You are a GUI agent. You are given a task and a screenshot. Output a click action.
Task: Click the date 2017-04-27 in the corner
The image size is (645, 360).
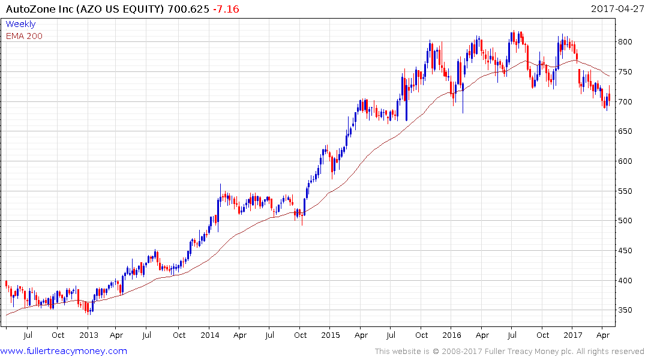616,9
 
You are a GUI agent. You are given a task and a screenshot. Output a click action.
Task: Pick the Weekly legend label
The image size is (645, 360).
20,24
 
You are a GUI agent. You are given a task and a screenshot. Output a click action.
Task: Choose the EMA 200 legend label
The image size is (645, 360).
24,36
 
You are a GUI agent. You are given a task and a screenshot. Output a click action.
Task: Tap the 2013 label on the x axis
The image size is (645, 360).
89,335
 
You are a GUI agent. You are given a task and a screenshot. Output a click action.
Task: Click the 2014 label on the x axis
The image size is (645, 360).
210,335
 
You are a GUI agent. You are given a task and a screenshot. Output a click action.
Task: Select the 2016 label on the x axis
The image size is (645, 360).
452,335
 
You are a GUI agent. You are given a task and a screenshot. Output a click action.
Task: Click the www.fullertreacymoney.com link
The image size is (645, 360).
64,351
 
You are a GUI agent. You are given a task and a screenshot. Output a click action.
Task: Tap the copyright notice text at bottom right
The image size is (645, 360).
509,352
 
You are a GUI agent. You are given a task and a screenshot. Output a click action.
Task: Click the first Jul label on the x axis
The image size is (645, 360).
28,335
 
